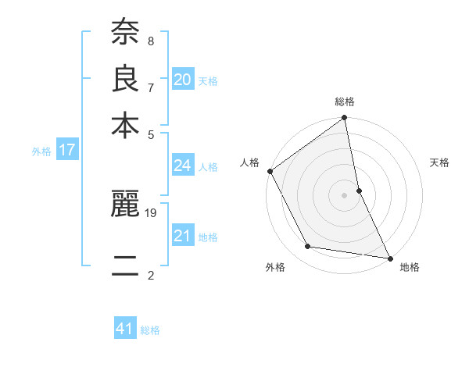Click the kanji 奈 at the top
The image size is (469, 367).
pyautogui.click(x=125, y=32)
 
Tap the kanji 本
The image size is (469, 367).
pyautogui.click(x=125, y=124)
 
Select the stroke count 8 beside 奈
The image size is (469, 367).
pyautogui.click(x=150, y=40)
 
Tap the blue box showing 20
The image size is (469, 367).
pyautogui.click(x=183, y=80)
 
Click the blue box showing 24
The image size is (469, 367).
pyautogui.click(x=183, y=166)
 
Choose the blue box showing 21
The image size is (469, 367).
pyautogui.click(x=183, y=236)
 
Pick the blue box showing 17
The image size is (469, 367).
pyautogui.click(x=67, y=151)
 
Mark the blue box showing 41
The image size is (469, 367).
pyautogui.click(x=125, y=329)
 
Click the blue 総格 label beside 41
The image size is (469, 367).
pyautogui.click(x=150, y=330)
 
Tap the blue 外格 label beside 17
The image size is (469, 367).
pyautogui.click(x=41, y=151)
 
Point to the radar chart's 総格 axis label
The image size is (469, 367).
pyautogui.click(x=345, y=102)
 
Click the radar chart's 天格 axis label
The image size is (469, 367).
pyautogui.click(x=440, y=162)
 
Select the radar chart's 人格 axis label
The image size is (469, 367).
pyautogui.click(x=250, y=162)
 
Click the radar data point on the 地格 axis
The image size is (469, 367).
pyautogui.click(x=388, y=258)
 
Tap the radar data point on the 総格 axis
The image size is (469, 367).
pyautogui.click(x=345, y=119)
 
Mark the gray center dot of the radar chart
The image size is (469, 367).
pyautogui.click(x=345, y=194)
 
